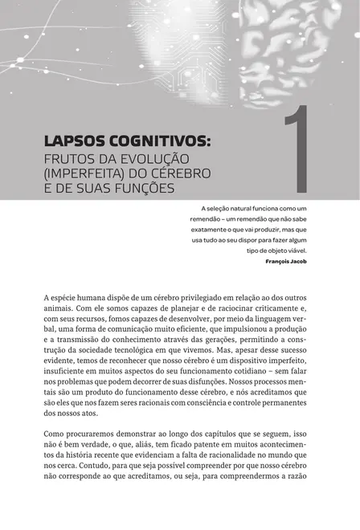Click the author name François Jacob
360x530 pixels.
pos(285,261)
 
